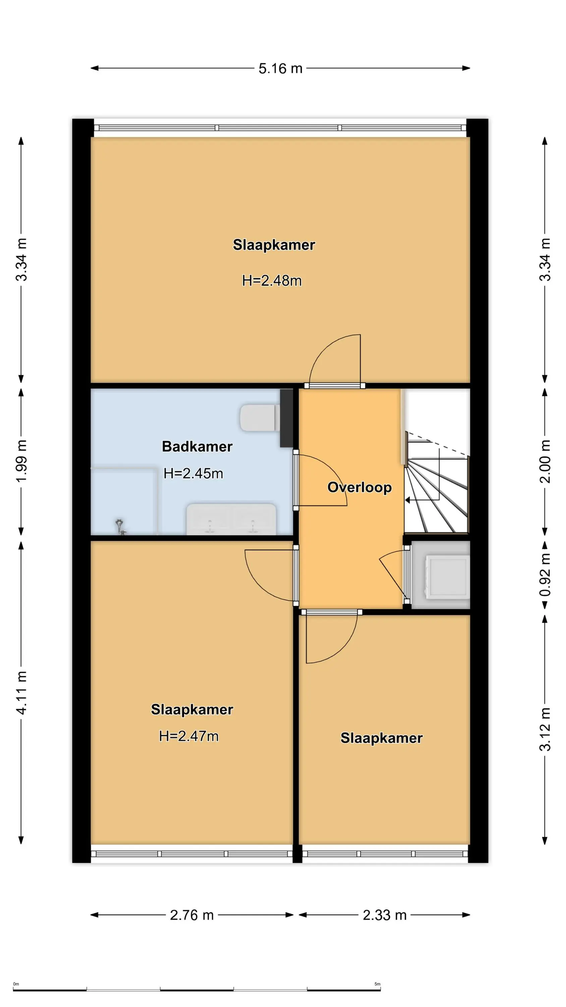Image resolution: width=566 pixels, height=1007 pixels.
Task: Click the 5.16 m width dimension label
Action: point(280,68)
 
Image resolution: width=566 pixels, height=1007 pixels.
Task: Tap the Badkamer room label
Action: point(197,446)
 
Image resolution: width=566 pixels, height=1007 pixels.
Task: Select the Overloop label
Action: point(359,487)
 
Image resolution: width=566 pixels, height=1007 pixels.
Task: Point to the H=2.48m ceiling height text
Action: point(272,281)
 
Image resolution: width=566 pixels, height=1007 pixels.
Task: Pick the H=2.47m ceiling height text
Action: point(189,736)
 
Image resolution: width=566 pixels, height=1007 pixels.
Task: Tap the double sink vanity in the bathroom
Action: point(231,519)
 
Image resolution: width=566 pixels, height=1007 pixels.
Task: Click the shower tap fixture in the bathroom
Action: point(120,526)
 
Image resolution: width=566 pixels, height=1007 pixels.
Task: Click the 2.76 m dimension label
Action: point(192,915)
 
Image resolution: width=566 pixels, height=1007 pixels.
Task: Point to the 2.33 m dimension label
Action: point(385,915)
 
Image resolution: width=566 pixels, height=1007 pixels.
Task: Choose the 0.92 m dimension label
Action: point(545,575)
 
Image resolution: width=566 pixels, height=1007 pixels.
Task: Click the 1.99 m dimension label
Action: point(21,461)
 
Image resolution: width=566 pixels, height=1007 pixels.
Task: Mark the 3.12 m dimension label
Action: point(545,729)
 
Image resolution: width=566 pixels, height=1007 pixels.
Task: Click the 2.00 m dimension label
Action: point(545,461)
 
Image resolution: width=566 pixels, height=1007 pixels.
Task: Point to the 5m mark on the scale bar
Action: point(377,984)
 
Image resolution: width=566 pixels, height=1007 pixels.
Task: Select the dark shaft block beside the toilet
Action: point(286,418)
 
